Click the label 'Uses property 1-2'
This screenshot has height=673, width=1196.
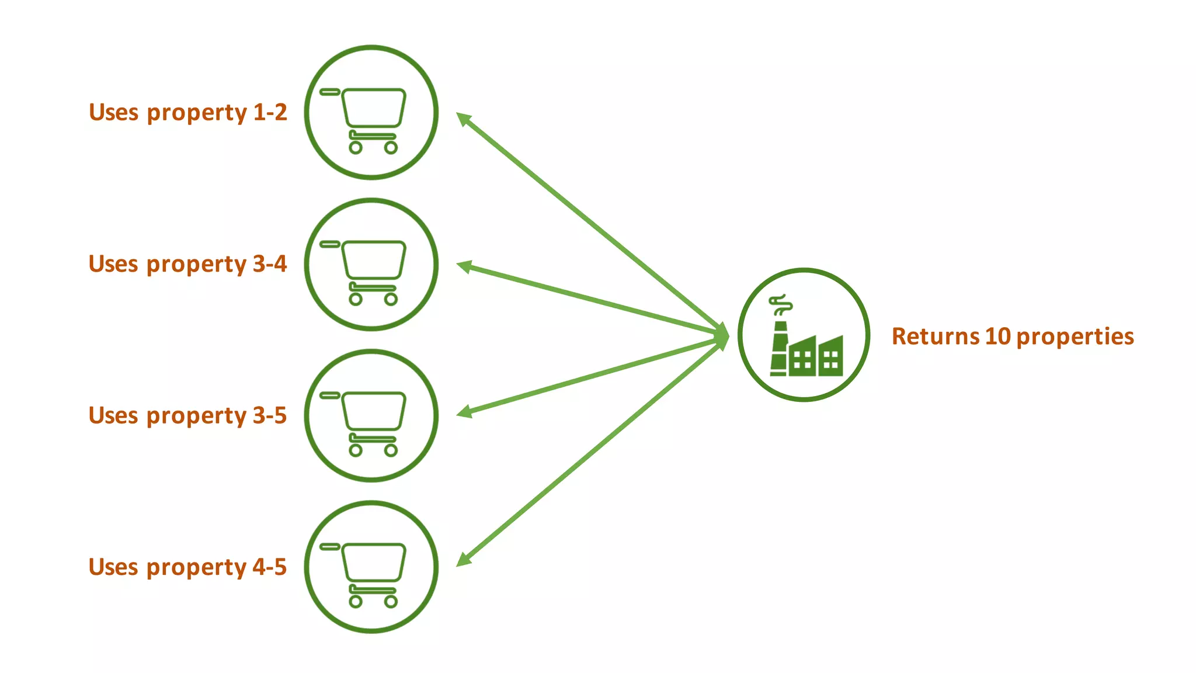point(187,112)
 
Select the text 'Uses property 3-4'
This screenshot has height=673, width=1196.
point(187,264)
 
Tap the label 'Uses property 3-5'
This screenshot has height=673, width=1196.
point(187,415)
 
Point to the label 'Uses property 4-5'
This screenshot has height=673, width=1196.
point(187,567)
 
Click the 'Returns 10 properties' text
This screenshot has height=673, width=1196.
point(1012,336)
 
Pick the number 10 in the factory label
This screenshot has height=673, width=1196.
point(997,336)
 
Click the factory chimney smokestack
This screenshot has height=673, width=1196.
point(779,348)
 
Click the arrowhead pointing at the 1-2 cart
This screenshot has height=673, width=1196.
point(463,119)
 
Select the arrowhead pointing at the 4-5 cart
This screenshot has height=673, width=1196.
point(463,559)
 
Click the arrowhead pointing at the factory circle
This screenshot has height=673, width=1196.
point(722,336)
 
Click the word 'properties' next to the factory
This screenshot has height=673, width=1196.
point(1075,336)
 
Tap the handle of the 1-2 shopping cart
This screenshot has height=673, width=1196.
point(330,92)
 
